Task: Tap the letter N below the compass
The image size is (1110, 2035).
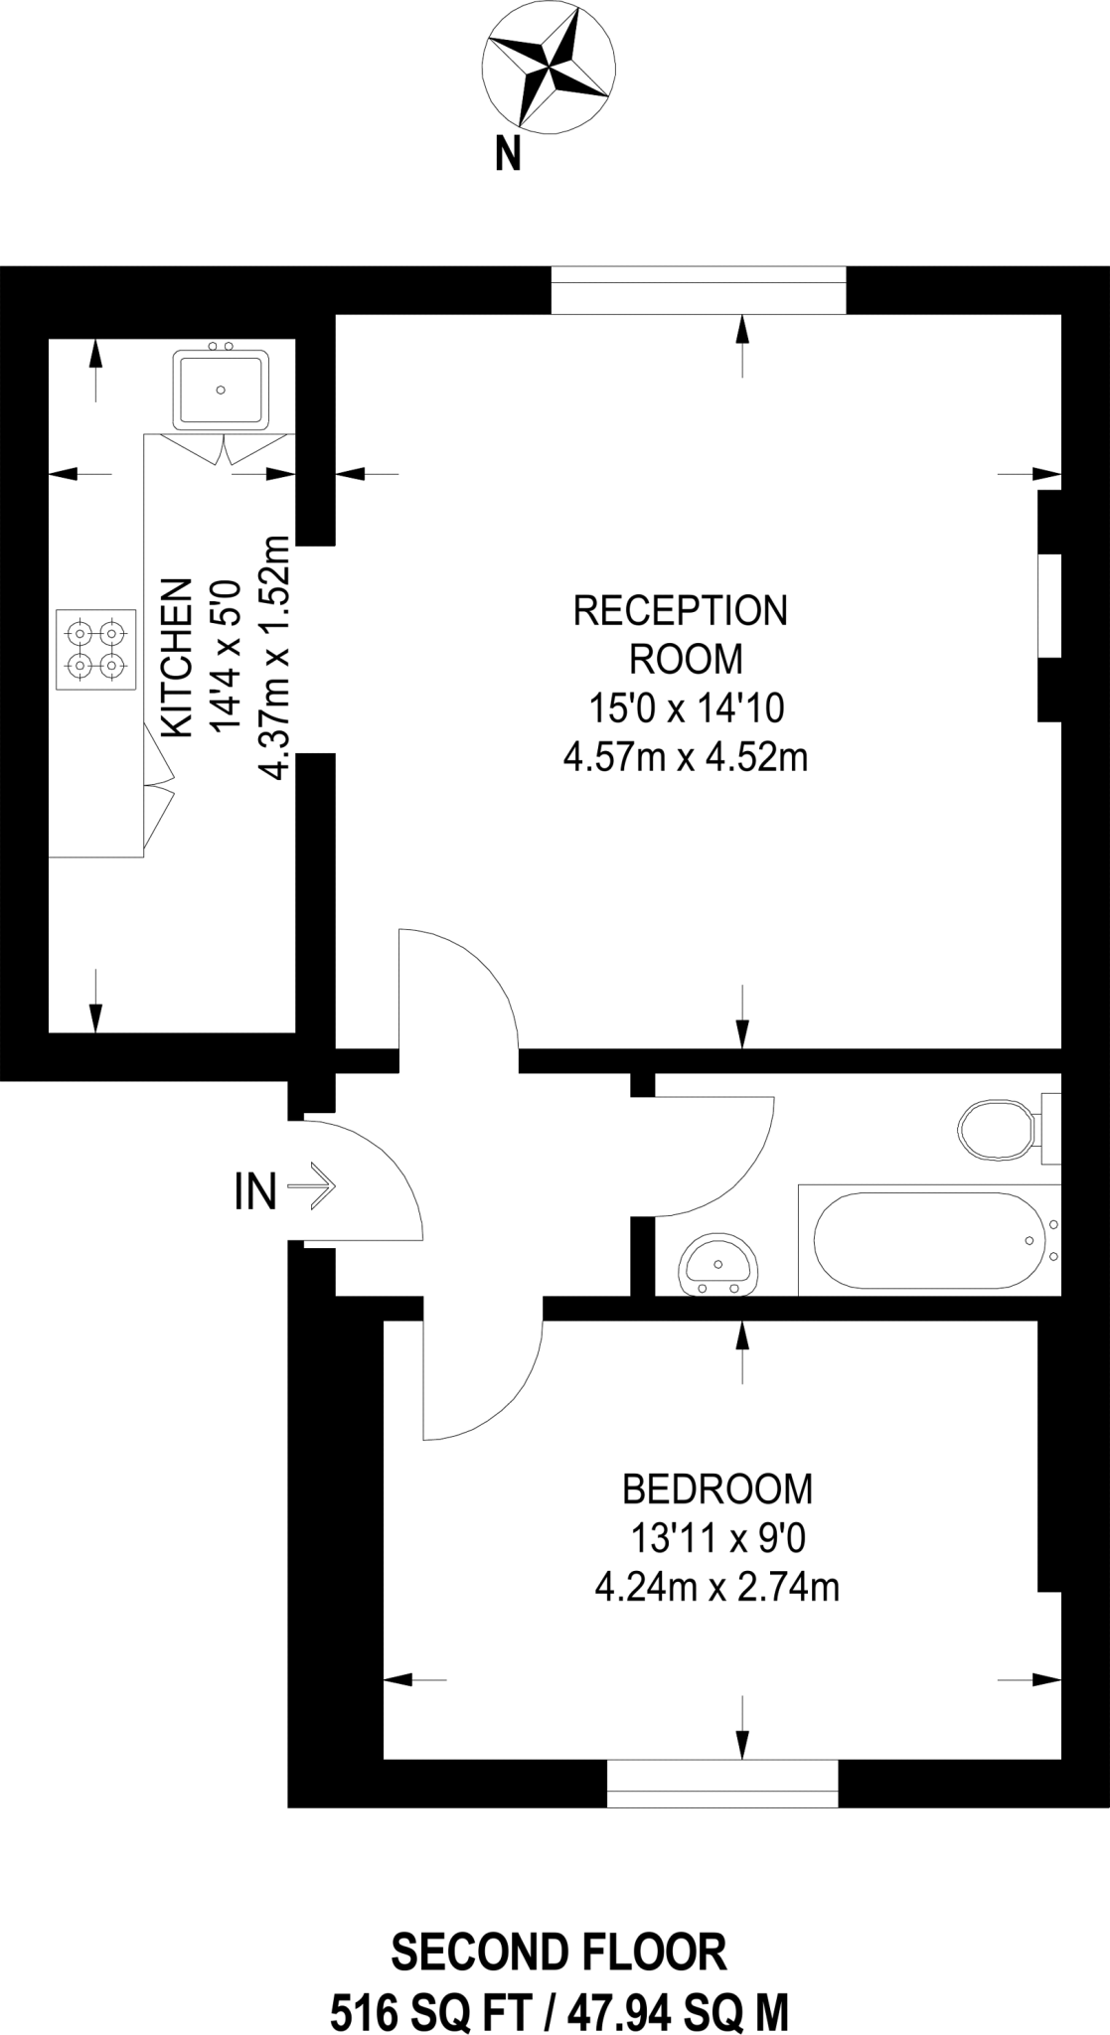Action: point(509,155)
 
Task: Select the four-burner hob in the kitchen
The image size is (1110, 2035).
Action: point(96,648)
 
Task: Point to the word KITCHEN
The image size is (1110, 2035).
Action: point(177,657)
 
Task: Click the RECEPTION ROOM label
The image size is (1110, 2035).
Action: point(681,634)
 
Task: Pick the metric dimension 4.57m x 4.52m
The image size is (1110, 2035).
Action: point(686,759)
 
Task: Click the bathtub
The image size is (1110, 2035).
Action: point(930,1239)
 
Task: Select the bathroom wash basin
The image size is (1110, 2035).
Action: point(720,1265)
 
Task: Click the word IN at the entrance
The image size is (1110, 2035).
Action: point(255,1192)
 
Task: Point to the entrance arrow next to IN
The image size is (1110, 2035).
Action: point(312,1185)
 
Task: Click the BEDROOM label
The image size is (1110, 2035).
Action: point(717,1489)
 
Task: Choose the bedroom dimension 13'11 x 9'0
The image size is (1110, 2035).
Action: point(717,1539)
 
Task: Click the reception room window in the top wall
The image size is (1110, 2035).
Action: point(699,289)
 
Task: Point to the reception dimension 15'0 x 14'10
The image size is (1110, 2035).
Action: point(687,708)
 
